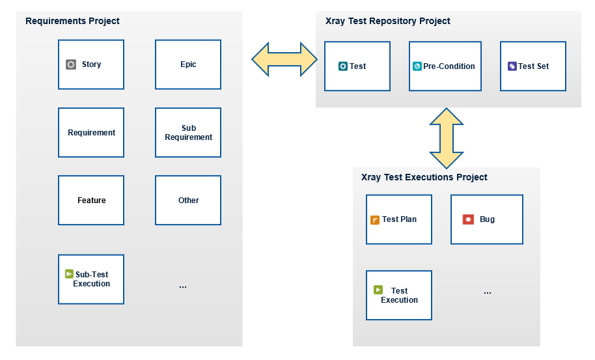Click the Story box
pyautogui.click(x=91, y=64)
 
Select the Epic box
pyautogui.click(x=188, y=64)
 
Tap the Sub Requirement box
pyautogui.click(x=188, y=132)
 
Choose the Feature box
pyautogui.click(x=91, y=201)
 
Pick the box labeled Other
pyautogui.click(x=188, y=201)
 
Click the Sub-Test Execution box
pyautogui.click(x=91, y=279)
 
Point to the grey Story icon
pyautogui.click(x=71, y=64)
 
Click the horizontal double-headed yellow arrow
pyautogui.click(x=284, y=59)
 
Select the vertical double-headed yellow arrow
pyautogui.click(x=447, y=138)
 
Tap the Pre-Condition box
pyautogui.click(x=445, y=66)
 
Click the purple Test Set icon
pyautogui.click(x=512, y=66)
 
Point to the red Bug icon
pyautogui.click(x=468, y=219)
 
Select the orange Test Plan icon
pyautogui.click(x=375, y=220)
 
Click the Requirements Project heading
pyautogui.click(x=72, y=21)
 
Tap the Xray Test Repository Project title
pyautogui.click(x=388, y=21)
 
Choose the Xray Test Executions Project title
pyautogui.click(x=424, y=177)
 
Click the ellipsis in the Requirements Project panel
pyautogui.click(x=183, y=287)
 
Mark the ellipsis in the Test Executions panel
pyautogui.click(x=488, y=293)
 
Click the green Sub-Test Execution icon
pyautogui.click(x=69, y=273)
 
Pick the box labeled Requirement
pyautogui.click(x=91, y=132)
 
